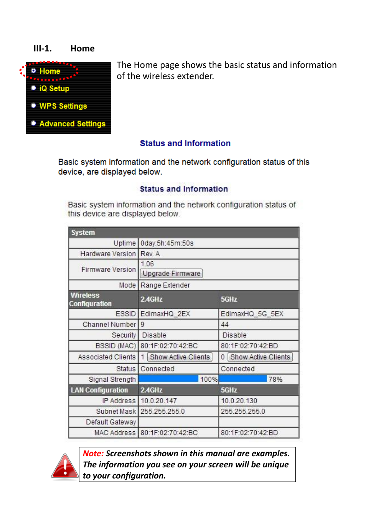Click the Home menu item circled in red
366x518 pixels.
(49, 71)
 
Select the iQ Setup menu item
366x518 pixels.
(54, 89)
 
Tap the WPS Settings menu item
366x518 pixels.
(63, 106)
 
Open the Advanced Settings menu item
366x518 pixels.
(72, 124)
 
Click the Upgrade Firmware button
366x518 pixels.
(171, 274)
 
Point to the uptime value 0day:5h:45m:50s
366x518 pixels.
(167, 243)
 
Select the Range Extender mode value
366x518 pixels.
(165, 285)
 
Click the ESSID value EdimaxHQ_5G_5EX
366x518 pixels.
(252, 314)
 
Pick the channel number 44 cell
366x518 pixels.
(225, 325)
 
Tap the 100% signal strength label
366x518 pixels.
(209, 379)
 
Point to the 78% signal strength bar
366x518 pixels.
(243, 379)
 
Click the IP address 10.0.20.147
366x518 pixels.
(159, 401)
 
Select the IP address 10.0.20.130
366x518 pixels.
(239, 401)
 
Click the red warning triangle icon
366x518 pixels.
(65, 467)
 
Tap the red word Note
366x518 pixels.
(93, 454)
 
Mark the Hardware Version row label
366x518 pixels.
(108, 254)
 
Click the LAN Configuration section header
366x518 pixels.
(99, 390)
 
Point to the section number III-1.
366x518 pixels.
(43, 49)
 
